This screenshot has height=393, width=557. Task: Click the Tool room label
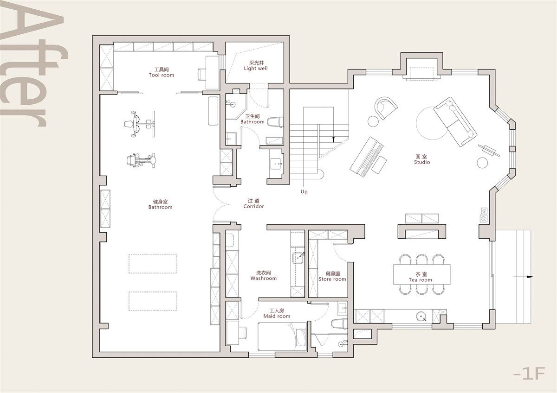click(162, 75)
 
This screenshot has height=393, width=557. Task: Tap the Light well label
click(256, 68)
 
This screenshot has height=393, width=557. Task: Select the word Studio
click(422, 162)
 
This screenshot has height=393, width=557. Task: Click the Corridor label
click(253, 206)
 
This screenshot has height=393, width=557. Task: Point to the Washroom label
click(263, 279)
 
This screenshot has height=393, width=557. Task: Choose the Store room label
click(332, 279)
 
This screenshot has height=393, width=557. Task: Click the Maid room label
click(277, 316)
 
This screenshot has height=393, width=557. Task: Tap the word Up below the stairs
click(304, 192)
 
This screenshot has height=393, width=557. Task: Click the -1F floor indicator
click(529, 374)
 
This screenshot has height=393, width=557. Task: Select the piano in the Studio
click(367, 157)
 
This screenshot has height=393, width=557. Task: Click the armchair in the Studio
click(386, 108)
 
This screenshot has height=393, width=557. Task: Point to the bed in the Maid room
click(282, 336)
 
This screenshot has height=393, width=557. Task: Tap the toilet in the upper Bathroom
click(275, 122)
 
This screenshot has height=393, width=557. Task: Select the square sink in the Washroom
click(298, 258)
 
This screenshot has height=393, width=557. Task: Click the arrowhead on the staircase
click(333, 139)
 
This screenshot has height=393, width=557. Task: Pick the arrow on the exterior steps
click(523, 277)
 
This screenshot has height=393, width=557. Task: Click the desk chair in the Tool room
click(202, 74)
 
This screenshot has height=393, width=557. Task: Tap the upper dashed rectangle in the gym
click(152, 264)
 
